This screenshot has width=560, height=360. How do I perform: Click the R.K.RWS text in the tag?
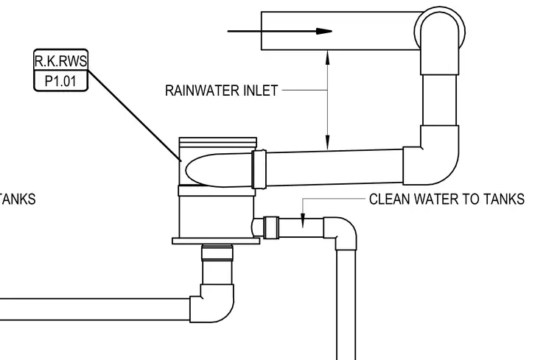click(x=60, y=61)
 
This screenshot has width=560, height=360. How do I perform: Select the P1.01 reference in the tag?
click(x=60, y=81)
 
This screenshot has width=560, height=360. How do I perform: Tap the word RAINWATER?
click(x=201, y=91)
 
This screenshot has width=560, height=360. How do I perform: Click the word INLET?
click(x=260, y=91)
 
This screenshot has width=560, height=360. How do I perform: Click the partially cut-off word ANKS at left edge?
click(x=18, y=199)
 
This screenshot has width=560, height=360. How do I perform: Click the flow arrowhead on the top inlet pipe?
click(x=324, y=32)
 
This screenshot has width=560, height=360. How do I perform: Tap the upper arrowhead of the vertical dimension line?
click(x=327, y=57)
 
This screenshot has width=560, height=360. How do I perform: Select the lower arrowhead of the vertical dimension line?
click(x=327, y=142)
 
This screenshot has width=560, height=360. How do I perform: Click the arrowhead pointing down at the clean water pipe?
click(x=303, y=220)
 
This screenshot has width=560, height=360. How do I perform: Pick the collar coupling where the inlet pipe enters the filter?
click(x=259, y=169)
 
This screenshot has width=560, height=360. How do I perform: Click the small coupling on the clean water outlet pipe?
click(x=271, y=227)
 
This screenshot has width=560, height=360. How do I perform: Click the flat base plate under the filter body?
click(x=216, y=241)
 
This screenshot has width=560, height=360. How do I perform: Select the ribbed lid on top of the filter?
click(x=218, y=142)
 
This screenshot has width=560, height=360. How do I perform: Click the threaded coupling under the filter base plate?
click(x=217, y=253)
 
